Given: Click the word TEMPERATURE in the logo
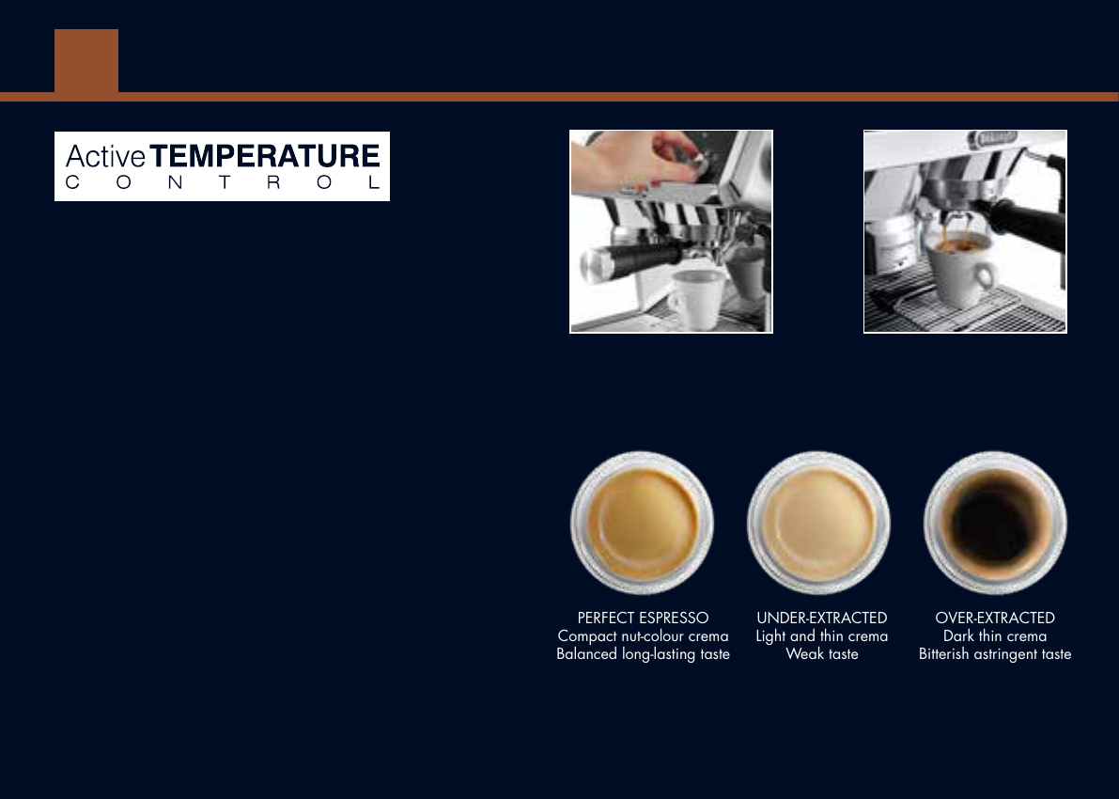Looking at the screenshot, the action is pyautogui.click(x=265, y=156).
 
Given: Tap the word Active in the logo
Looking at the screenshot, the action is pyautogui.click(x=105, y=156).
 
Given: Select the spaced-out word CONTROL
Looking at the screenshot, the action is pyautogui.click(x=223, y=182).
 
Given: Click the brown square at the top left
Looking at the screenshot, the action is pyautogui.click(x=86, y=61).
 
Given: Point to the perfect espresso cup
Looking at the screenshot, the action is pyautogui.click(x=643, y=523).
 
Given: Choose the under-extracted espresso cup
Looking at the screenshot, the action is pyautogui.click(x=818, y=523).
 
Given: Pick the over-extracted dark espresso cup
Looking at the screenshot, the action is pyautogui.click(x=995, y=523).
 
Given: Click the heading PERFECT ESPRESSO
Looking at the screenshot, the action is pyautogui.click(x=643, y=618).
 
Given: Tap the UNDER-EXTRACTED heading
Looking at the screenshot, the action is pyautogui.click(x=822, y=618).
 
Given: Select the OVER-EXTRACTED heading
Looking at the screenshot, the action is pyautogui.click(x=995, y=618).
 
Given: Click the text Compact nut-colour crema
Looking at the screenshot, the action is pyautogui.click(x=643, y=636).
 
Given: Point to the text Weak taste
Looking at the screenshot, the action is pyautogui.click(x=822, y=654).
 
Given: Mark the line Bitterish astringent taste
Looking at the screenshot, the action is pyautogui.click(x=995, y=654).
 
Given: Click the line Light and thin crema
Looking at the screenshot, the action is pyautogui.click(x=822, y=636).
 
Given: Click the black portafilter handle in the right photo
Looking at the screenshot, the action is pyautogui.click(x=1024, y=222).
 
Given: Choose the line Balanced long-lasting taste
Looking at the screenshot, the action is pyautogui.click(x=643, y=654).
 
